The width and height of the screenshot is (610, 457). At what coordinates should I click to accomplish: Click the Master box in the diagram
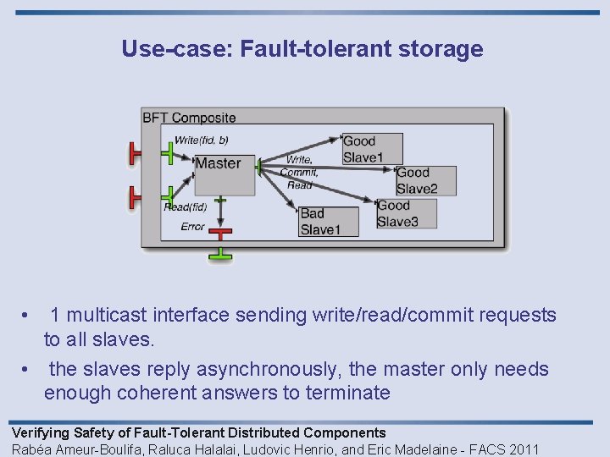[224, 174]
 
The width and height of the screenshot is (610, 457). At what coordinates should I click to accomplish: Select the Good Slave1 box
[372, 149]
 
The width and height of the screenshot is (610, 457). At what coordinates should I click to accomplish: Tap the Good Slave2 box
[426, 181]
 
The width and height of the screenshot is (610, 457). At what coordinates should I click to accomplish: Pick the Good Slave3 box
[407, 213]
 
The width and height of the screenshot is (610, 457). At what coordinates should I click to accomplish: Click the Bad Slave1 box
[329, 222]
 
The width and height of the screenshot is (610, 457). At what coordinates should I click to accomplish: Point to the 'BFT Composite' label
[189, 118]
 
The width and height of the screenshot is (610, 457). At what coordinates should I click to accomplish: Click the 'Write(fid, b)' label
[201, 140]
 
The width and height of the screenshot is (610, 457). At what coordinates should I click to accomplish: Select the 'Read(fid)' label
[185, 207]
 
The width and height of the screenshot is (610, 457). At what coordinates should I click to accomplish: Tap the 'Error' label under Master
[192, 227]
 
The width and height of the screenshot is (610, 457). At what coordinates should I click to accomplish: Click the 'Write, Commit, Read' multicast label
[301, 172]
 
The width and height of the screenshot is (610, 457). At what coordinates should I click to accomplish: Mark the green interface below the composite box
[220, 255]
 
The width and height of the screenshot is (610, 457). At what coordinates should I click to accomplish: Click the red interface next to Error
[220, 233]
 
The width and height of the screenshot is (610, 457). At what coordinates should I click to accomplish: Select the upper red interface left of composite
[134, 153]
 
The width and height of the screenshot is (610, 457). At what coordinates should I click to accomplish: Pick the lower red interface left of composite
[134, 196]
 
